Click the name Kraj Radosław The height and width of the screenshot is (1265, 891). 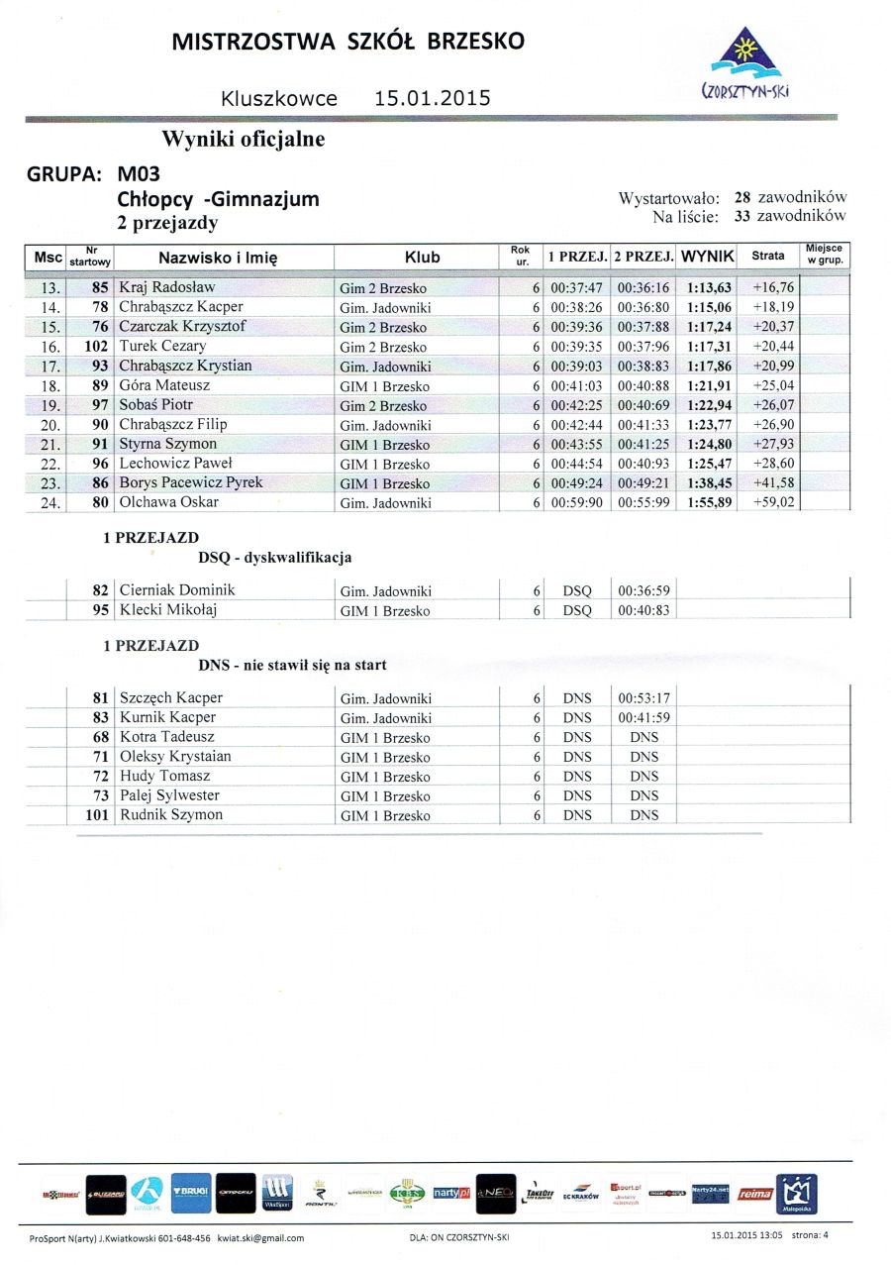coord(167,287)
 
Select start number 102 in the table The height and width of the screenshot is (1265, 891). coord(95,347)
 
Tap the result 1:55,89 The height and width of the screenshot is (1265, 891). coord(709,503)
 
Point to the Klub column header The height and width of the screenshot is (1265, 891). coord(422,258)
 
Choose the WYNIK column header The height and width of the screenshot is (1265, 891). coord(708,257)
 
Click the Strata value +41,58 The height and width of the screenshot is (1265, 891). coord(773,483)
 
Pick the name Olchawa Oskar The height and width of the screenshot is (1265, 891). coord(169,502)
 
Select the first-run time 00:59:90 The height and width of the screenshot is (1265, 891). coord(576,503)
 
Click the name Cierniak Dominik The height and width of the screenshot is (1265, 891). coord(177,590)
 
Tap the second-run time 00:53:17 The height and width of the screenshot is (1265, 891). coord(643,698)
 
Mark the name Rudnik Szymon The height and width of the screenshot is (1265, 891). coord(171,815)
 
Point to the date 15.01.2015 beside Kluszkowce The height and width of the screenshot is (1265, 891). coord(433,99)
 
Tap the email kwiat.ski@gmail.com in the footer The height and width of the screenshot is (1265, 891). coord(260,1238)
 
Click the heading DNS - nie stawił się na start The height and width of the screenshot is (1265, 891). coord(292,665)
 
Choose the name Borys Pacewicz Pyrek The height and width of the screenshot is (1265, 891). coord(192,483)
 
